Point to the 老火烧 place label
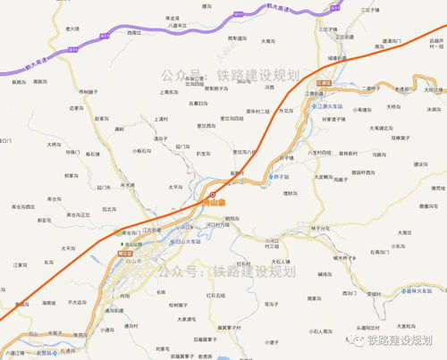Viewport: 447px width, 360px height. coord(72,29)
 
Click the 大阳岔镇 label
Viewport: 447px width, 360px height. coord(434,89)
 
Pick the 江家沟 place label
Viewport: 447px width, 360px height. coord(23,265)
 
